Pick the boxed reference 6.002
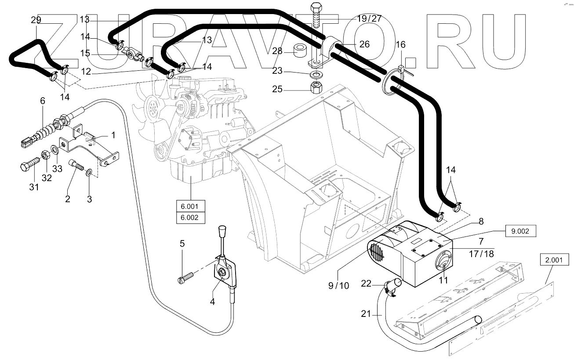coord(191,218)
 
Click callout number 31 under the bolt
coord(33,187)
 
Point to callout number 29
coord(36,20)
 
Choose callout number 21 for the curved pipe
coord(366,314)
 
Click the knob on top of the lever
coord(222,231)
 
